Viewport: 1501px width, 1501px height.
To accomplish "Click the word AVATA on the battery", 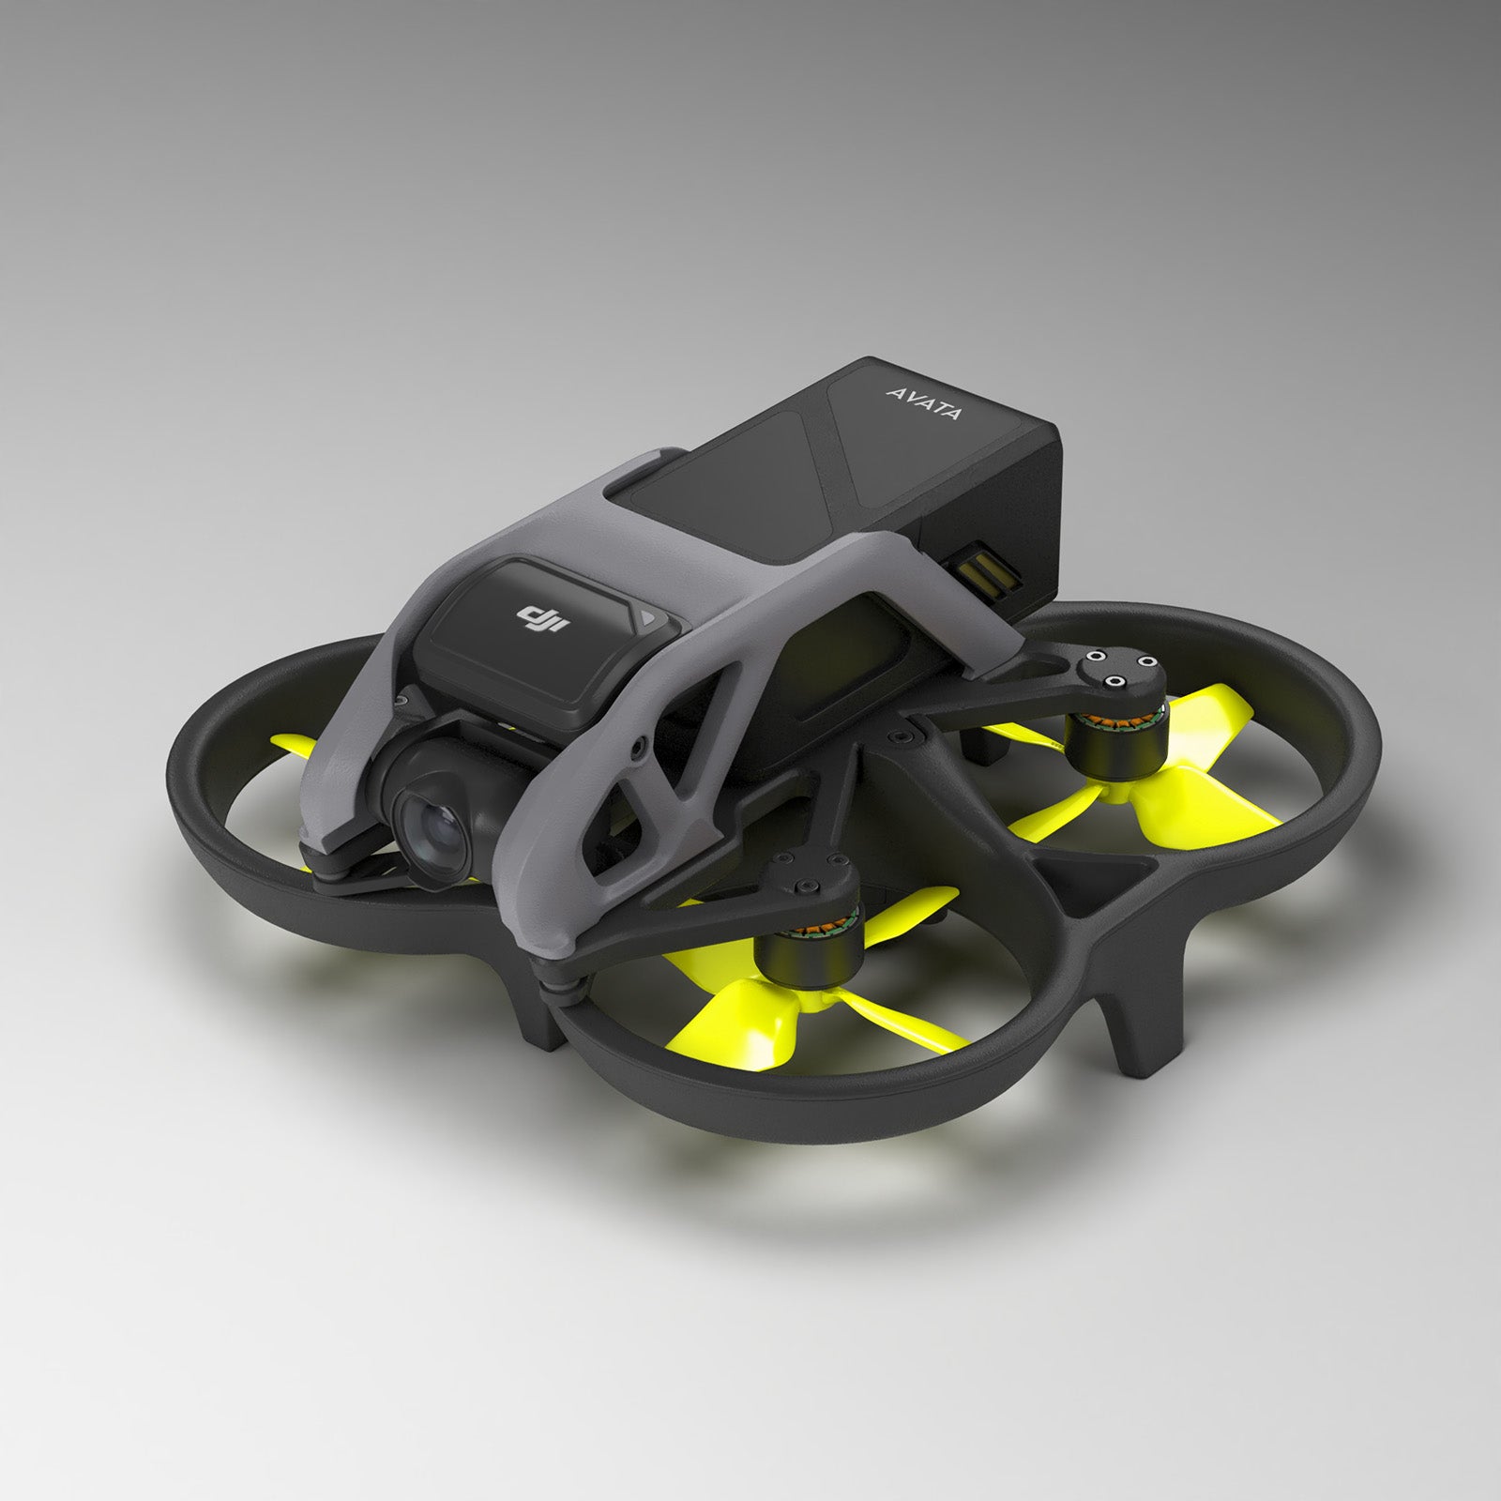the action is [923, 401].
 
